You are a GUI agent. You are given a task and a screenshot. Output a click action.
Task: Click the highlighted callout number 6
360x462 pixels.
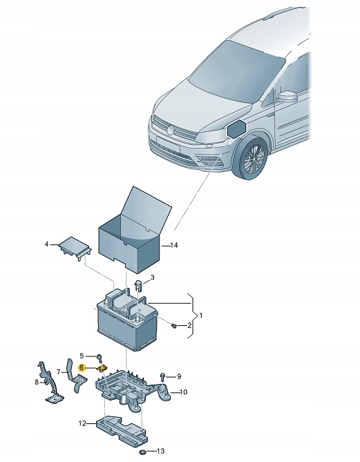[x=82, y=367]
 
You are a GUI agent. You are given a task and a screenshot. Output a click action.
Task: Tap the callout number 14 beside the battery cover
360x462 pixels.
[x=174, y=245]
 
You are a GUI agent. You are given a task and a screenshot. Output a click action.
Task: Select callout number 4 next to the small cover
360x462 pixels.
[x=46, y=244]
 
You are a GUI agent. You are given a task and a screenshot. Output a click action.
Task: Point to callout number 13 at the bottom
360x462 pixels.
[x=160, y=451]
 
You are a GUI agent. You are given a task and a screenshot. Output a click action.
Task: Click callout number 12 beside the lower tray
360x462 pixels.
[x=82, y=424]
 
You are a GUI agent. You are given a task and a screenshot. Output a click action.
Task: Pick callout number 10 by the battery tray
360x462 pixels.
[x=183, y=392]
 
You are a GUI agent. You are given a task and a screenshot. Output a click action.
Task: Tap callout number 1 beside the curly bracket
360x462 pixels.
[x=201, y=316]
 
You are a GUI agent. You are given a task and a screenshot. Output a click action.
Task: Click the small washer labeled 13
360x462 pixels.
[x=143, y=452]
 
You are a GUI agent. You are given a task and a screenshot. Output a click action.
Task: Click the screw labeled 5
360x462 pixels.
[x=100, y=358]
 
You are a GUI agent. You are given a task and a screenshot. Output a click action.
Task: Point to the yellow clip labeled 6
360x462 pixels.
[x=102, y=368]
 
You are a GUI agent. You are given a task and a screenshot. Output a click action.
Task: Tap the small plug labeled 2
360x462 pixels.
[x=174, y=325]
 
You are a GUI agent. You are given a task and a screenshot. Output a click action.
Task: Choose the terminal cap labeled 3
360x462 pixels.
[x=138, y=285]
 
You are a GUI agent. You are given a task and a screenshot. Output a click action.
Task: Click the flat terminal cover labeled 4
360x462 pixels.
[x=75, y=245]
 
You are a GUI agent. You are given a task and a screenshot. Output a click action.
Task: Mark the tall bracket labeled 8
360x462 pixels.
[x=50, y=382]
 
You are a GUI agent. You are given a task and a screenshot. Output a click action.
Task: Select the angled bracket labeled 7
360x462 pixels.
[x=77, y=376]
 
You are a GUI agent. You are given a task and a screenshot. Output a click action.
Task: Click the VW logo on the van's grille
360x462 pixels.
[x=171, y=129]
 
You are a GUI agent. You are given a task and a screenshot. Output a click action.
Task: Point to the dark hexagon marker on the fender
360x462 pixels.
[x=236, y=128]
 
